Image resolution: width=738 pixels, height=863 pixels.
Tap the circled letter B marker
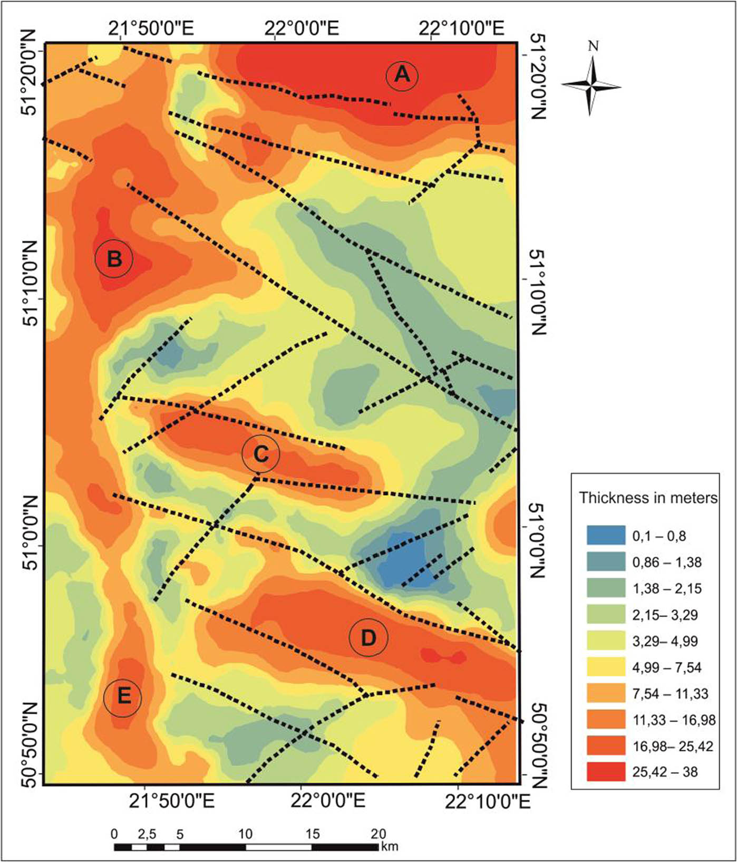114,259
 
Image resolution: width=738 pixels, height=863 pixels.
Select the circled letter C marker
260,454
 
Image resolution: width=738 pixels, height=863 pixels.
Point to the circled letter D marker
368,638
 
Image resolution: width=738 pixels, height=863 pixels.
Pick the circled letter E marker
123,697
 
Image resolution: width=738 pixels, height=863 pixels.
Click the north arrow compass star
591,86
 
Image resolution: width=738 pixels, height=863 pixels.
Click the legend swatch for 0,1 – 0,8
606,535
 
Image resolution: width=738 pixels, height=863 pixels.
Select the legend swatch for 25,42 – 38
606,772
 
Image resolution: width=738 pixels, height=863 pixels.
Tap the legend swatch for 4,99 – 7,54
606,667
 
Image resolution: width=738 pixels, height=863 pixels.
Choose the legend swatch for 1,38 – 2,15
606,588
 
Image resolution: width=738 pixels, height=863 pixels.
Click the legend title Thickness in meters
648,498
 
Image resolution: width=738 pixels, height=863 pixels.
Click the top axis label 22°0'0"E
302,28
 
